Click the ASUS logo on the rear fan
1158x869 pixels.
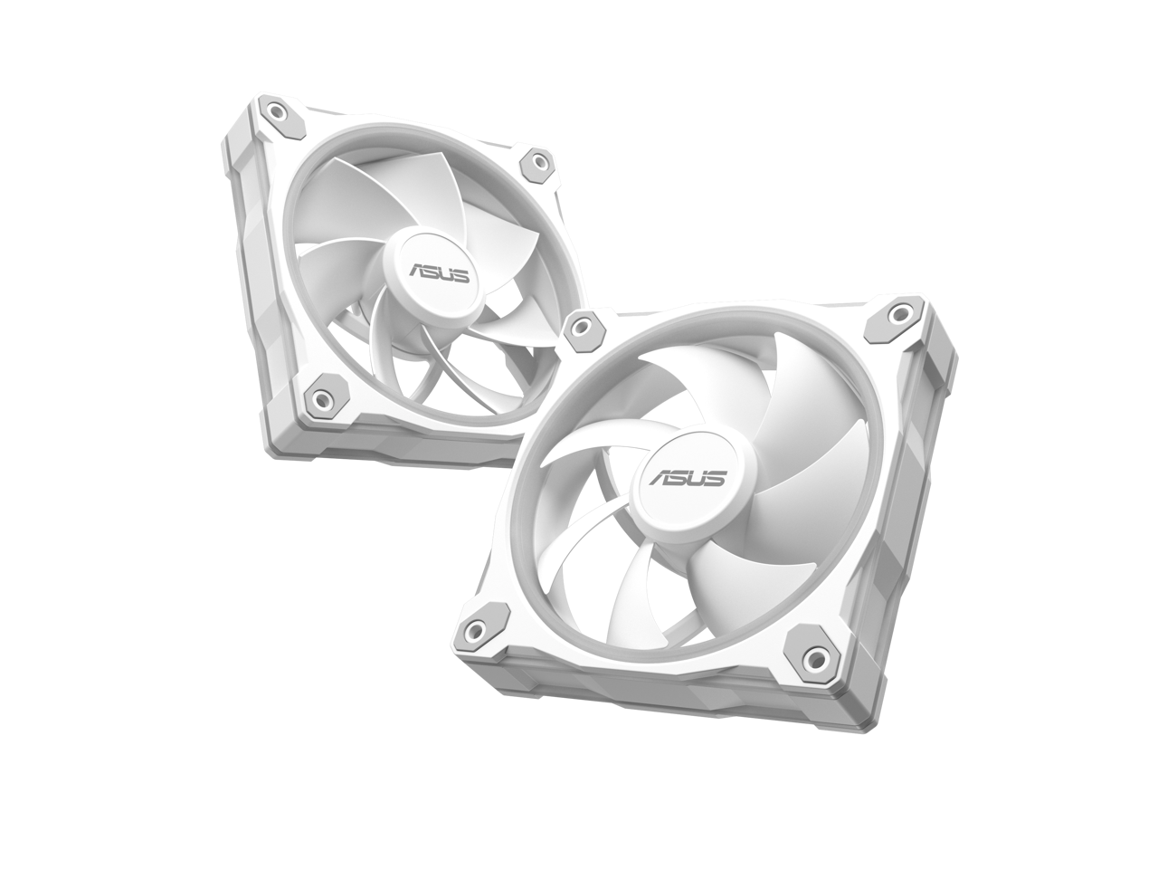(439, 272)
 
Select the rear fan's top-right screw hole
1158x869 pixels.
(539, 163)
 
